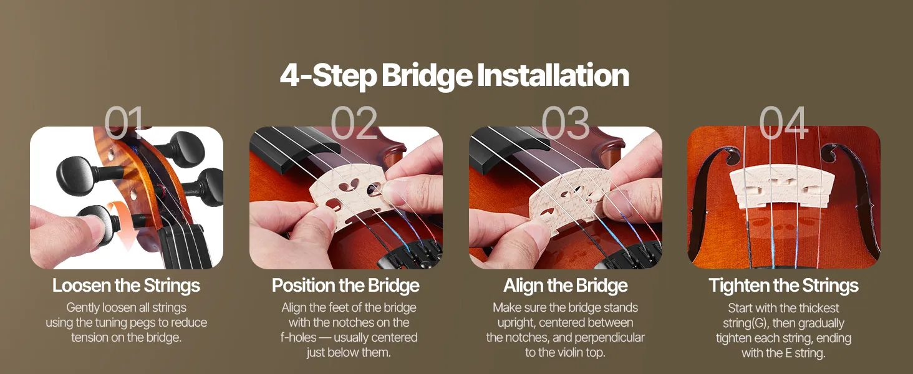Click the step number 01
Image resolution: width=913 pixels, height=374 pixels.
click(124, 123)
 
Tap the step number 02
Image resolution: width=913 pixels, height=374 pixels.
click(354, 123)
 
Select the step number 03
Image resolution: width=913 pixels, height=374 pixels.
click(566, 123)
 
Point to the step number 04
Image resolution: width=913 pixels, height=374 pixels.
click(783, 123)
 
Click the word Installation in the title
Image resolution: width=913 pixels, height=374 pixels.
click(553, 75)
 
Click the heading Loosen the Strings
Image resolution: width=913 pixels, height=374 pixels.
click(126, 285)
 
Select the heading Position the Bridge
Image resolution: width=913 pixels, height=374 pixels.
click(345, 285)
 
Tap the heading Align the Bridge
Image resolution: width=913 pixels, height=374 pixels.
click(566, 285)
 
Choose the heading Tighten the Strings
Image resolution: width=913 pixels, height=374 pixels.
click(783, 285)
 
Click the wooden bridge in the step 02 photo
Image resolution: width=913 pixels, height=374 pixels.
click(350, 198)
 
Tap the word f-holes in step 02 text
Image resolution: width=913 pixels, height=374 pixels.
click(298, 338)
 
